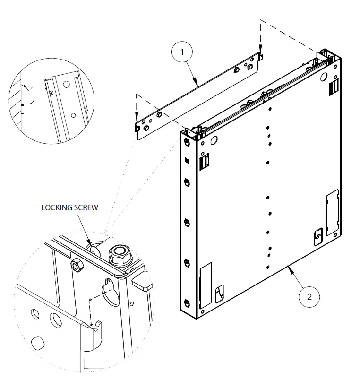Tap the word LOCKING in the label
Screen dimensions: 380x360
58,208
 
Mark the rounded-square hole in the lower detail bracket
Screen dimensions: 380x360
36,341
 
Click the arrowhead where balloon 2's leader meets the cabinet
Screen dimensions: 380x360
289,268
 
